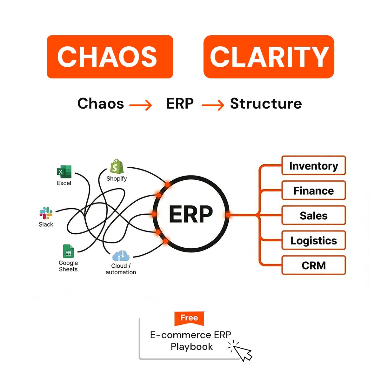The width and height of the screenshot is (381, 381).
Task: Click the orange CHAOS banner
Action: point(110,57)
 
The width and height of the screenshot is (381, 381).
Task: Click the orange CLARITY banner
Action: point(269,57)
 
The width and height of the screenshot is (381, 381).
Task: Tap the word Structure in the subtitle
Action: point(266,104)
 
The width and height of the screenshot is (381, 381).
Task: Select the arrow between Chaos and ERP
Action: point(140,105)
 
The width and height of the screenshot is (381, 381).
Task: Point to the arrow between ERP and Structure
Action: point(213,105)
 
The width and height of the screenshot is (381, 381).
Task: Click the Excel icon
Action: point(64,172)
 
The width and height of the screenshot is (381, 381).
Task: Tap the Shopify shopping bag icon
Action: point(117,166)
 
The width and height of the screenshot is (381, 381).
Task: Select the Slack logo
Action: point(46,213)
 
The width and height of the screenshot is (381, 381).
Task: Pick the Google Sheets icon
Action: point(68,251)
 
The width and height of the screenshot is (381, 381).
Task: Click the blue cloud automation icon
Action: point(121,256)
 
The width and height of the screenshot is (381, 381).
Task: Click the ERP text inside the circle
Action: point(191,214)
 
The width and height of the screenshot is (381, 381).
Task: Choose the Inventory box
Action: point(314,165)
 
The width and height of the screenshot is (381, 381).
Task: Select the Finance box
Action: point(314,190)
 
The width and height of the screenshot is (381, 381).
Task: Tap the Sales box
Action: point(314,215)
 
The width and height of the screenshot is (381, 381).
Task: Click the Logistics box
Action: point(314,240)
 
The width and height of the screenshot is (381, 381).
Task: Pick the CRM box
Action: point(314,265)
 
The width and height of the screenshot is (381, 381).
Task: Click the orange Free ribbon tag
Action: point(189,318)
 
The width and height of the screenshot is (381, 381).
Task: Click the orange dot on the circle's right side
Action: point(228,215)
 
